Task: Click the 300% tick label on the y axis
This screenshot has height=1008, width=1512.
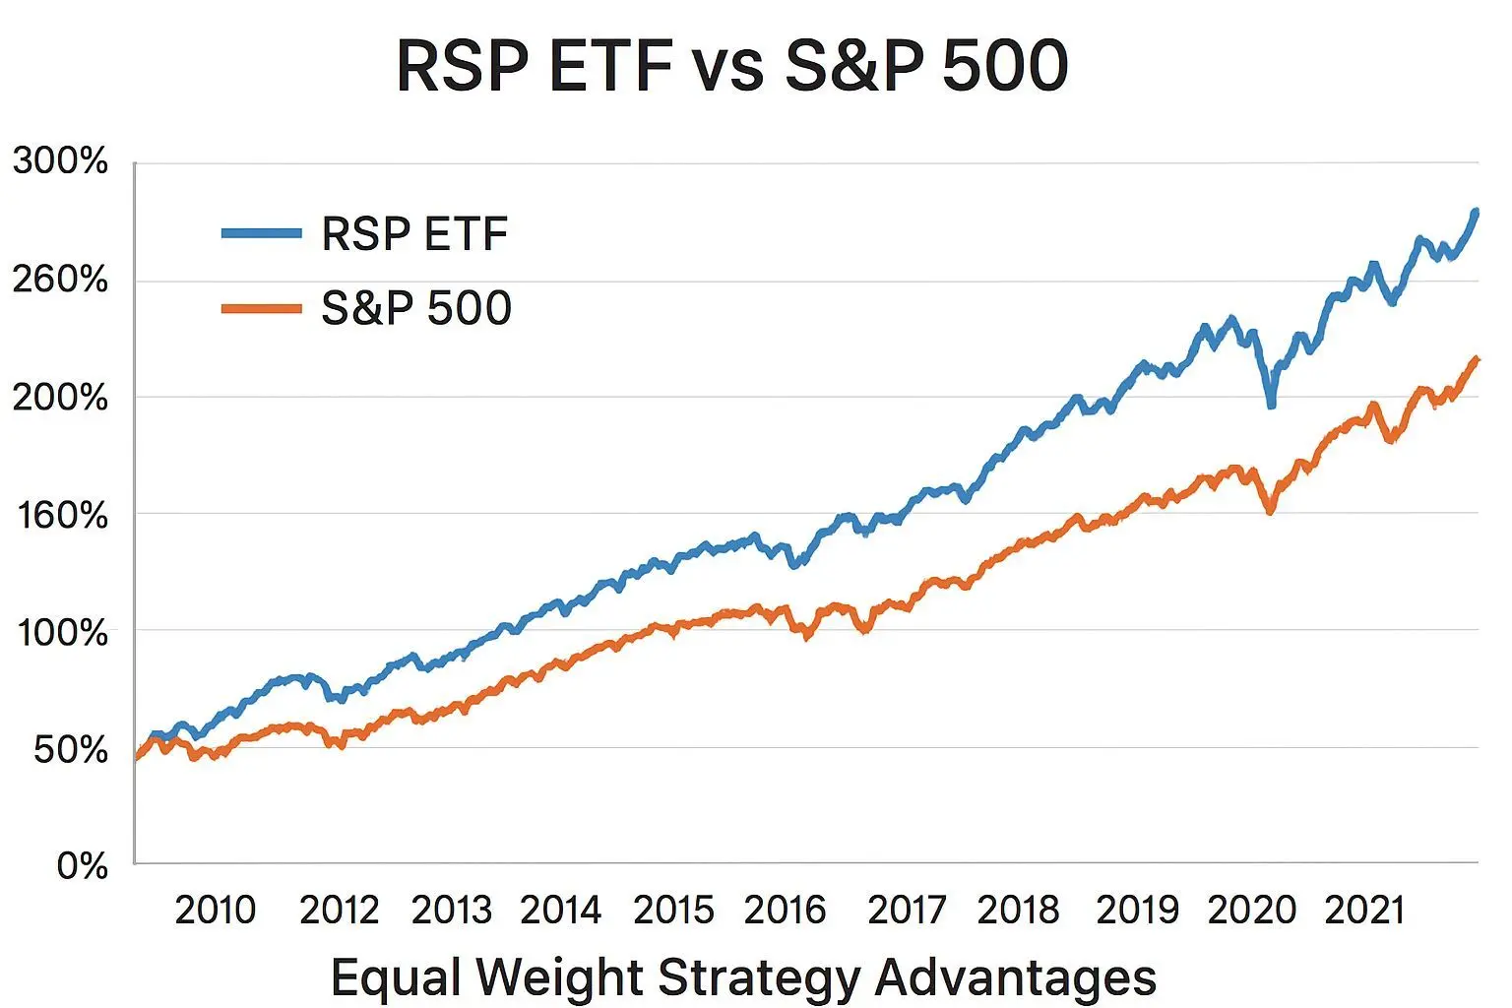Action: click(x=60, y=161)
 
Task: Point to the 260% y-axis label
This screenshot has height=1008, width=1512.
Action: click(x=60, y=281)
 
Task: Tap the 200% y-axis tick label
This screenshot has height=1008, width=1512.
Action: click(x=60, y=398)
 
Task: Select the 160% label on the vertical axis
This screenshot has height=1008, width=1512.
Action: click(x=62, y=515)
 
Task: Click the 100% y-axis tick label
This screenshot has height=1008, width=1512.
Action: click(x=62, y=632)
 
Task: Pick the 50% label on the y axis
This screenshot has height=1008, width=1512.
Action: click(x=70, y=750)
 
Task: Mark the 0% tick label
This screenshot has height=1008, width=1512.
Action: click(x=82, y=866)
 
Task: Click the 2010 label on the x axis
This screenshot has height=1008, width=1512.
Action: click(x=215, y=911)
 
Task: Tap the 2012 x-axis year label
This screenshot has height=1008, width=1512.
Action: click(x=339, y=911)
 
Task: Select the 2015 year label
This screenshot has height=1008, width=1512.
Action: click(x=673, y=911)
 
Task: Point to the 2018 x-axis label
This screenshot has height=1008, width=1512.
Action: click(x=1018, y=911)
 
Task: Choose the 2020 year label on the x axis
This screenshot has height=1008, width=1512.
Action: click(x=1251, y=911)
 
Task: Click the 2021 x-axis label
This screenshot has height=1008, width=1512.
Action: click(x=1364, y=911)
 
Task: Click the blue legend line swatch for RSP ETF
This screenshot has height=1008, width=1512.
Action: click(x=261, y=233)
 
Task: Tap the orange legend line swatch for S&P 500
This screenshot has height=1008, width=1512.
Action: click(x=261, y=308)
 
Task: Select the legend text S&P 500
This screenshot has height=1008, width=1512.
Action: click(x=415, y=308)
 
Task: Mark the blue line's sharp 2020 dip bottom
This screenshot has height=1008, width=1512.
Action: click(x=1271, y=405)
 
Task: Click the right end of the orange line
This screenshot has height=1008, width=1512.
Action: click(x=1476, y=359)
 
